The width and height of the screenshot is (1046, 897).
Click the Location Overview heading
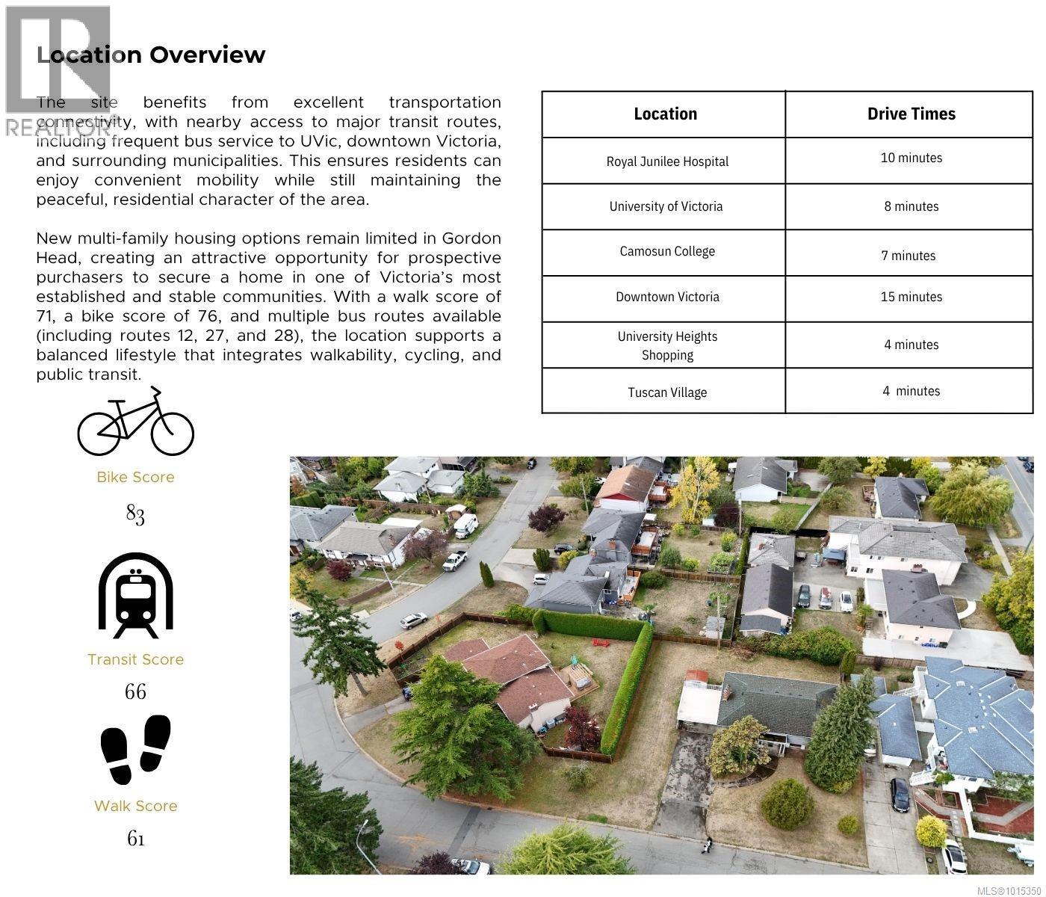151,55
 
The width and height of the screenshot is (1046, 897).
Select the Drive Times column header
911,114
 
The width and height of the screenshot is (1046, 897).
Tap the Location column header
665,114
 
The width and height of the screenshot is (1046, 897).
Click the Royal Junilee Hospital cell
667,161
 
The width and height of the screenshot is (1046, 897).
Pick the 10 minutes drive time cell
911,158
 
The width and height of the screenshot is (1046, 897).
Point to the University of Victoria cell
666,206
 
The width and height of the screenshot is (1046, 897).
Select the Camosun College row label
667,251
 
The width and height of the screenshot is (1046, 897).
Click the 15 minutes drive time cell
911,297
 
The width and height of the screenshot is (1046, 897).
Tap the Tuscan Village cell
667,392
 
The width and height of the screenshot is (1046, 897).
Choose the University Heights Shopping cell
667,345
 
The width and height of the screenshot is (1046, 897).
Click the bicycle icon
136,422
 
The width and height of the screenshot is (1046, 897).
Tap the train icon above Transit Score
136,596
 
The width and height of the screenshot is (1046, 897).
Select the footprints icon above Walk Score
136,748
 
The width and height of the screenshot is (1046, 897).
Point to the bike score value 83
135,514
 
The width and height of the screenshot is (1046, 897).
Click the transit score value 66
135,691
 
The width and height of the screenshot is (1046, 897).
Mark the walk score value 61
135,839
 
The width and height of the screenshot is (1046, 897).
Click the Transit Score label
135,659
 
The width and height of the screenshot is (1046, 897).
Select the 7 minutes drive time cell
908,256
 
